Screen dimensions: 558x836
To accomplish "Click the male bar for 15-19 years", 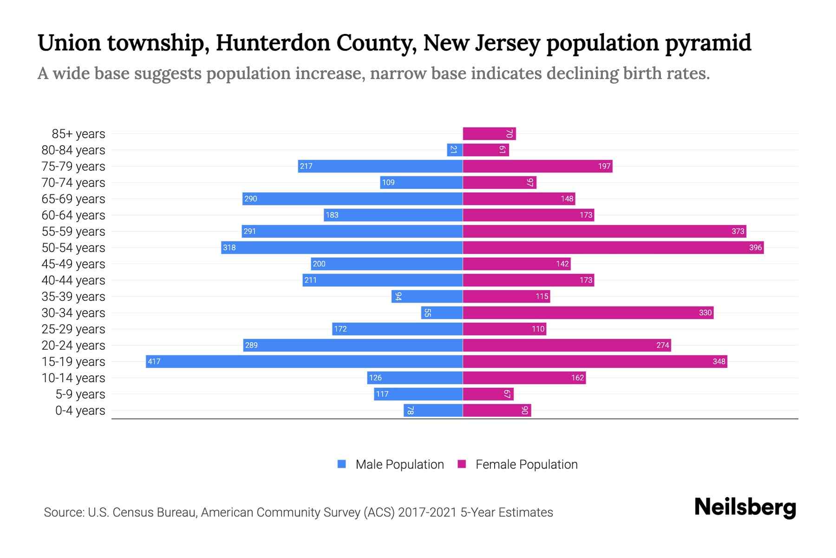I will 304,361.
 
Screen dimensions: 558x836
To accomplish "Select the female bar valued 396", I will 613,247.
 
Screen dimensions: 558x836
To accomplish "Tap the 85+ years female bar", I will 489,133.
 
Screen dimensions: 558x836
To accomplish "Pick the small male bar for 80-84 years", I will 455,150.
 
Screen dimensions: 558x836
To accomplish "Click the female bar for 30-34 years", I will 588,312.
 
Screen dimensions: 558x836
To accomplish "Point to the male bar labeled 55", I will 442,312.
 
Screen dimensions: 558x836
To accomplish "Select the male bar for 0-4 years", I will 433,410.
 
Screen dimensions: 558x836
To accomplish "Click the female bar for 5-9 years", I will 488,394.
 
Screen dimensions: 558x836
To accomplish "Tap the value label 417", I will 154,361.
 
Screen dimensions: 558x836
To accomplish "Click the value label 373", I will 738,231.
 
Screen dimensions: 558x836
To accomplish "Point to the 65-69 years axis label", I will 73,199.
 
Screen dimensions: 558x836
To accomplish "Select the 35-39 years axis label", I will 73,296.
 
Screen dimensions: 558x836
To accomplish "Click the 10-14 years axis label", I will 73,378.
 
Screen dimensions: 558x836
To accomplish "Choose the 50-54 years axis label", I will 73,247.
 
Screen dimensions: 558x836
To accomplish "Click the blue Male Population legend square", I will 342,464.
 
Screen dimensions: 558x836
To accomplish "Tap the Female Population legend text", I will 526,464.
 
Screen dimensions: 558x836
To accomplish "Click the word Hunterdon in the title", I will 273,43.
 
